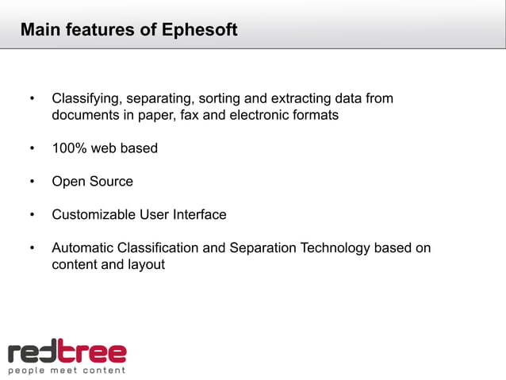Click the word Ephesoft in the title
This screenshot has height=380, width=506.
click(199, 31)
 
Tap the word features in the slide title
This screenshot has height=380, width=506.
click(96, 31)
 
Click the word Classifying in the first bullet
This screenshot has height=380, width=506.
click(85, 99)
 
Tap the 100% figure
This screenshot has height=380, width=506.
click(68, 148)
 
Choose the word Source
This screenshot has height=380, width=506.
click(111, 182)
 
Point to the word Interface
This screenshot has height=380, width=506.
click(200, 215)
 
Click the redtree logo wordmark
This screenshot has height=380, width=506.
click(67, 351)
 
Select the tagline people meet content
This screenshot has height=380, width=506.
click(67, 370)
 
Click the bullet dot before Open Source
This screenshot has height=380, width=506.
click(33, 182)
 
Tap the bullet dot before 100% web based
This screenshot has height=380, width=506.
click(33, 148)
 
